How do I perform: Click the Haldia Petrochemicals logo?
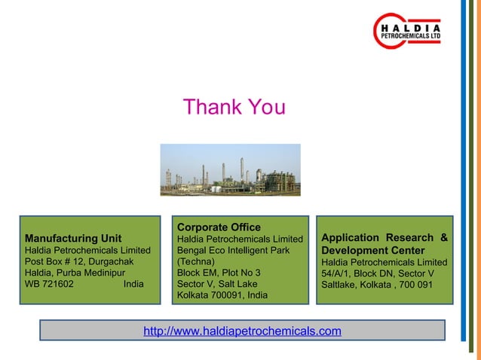pyautogui.click(x=408, y=30)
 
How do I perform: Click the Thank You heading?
pyautogui.click(x=234, y=108)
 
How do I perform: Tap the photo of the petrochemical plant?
pyautogui.click(x=234, y=169)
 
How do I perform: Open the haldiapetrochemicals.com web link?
pyautogui.click(x=242, y=331)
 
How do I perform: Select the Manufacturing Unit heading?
pyautogui.click(x=73, y=239)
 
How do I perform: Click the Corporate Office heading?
pyautogui.click(x=219, y=227)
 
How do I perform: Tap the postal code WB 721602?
pyautogui.click(x=50, y=285)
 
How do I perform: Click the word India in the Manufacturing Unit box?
pyautogui.click(x=133, y=285)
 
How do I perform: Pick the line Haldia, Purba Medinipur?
pyautogui.click(x=75, y=273)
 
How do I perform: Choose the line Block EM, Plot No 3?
pyautogui.click(x=219, y=273)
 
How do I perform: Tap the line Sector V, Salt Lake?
pyautogui.click(x=216, y=284)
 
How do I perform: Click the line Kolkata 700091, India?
pyautogui.click(x=222, y=295)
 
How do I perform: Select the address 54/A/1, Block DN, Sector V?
pyautogui.click(x=378, y=273)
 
